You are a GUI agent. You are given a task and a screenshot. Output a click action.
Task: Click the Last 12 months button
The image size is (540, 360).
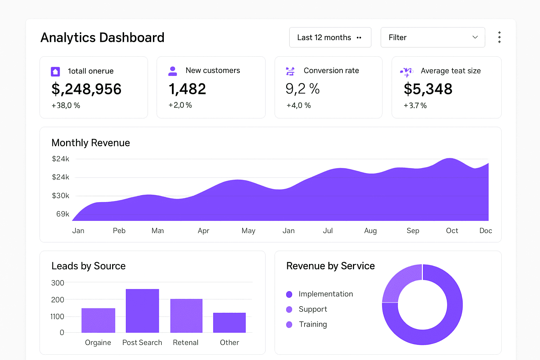[330, 37]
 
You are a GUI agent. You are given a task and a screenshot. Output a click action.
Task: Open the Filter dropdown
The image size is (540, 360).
[432, 37]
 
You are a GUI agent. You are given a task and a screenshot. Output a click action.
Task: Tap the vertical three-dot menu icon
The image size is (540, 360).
[499, 37]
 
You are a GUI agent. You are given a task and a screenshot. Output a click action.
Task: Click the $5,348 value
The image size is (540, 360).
[428, 89]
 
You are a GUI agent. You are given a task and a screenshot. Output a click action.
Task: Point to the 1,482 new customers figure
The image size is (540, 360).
[187, 89]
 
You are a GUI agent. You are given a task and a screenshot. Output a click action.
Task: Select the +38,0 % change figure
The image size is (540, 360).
[66, 105]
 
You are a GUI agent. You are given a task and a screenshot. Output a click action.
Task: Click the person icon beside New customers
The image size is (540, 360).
[173, 71]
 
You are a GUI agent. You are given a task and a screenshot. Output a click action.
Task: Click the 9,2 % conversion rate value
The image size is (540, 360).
[302, 89]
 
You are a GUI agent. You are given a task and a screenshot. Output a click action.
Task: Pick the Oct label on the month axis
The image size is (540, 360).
[452, 231]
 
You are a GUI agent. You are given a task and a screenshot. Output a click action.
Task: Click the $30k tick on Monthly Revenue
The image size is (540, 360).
[60, 195]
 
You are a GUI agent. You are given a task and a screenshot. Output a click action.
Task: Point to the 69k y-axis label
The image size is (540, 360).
[63, 214]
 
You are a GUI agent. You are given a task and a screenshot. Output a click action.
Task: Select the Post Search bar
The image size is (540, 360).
[142, 311]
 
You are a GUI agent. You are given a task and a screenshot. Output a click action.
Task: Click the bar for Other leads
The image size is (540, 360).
[229, 322]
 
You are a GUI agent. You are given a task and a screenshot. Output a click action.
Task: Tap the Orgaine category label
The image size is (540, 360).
[98, 342]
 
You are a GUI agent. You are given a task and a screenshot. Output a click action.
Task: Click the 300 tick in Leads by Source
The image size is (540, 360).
[58, 283]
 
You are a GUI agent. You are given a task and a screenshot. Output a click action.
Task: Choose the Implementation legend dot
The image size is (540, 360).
[289, 294]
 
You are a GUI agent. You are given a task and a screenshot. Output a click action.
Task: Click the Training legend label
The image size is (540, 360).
[313, 324]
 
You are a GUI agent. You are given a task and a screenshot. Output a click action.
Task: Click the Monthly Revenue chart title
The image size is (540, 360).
[91, 143]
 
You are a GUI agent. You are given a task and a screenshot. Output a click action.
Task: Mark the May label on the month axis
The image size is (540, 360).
[248, 231]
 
